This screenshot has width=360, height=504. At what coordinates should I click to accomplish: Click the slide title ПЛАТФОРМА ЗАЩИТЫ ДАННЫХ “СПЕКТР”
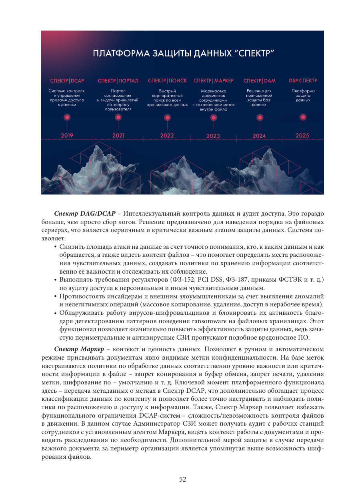[x=183, y=54]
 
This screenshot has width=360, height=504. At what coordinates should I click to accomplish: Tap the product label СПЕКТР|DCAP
[x=67, y=81]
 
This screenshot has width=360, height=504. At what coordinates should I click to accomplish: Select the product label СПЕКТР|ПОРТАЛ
[x=118, y=81]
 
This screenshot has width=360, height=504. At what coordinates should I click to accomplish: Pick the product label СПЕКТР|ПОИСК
[x=167, y=81]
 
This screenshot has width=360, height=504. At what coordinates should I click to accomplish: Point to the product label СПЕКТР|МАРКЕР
[x=214, y=81]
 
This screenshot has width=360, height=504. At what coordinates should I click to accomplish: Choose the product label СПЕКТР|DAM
[x=260, y=81]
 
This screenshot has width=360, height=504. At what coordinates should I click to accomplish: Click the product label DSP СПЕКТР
[x=303, y=81]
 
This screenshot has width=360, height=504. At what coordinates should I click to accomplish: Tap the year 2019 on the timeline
[x=67, y=136]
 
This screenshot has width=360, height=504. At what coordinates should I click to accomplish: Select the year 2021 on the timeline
[x=118, y=136]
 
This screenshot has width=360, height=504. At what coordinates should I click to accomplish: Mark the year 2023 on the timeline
[x=213, y=136]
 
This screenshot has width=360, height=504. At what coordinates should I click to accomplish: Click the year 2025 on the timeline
[x=302, y=136]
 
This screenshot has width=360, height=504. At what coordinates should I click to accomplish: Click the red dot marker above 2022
[x=167, y=118]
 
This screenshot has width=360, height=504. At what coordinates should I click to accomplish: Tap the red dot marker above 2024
[x=260, y=118]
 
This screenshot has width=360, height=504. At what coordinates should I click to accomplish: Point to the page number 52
[x=182, y=480]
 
